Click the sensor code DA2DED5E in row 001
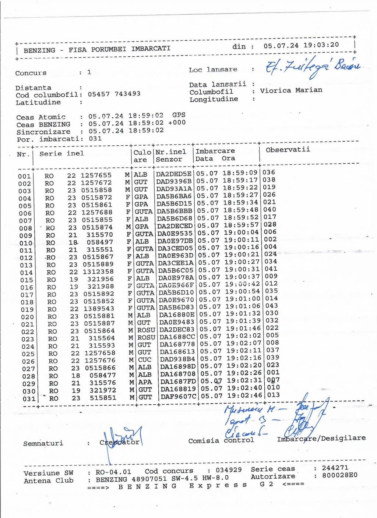(x=174, y=174)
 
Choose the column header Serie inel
(x=61, y=153)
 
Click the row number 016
(x=27, y=287)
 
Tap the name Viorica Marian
(x=291, y=90)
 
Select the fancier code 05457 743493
(x=114, y=94)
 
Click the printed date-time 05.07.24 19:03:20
(x=301, y=45)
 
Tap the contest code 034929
(x=229, y=470)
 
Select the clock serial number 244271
(x=335, y=468)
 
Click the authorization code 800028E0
(x=339, y=475)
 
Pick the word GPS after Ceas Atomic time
(x=179, y=115)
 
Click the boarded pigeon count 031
(x=95, y=139)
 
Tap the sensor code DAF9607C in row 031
(x=179, y=397)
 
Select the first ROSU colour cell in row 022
(x=146, y=330)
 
